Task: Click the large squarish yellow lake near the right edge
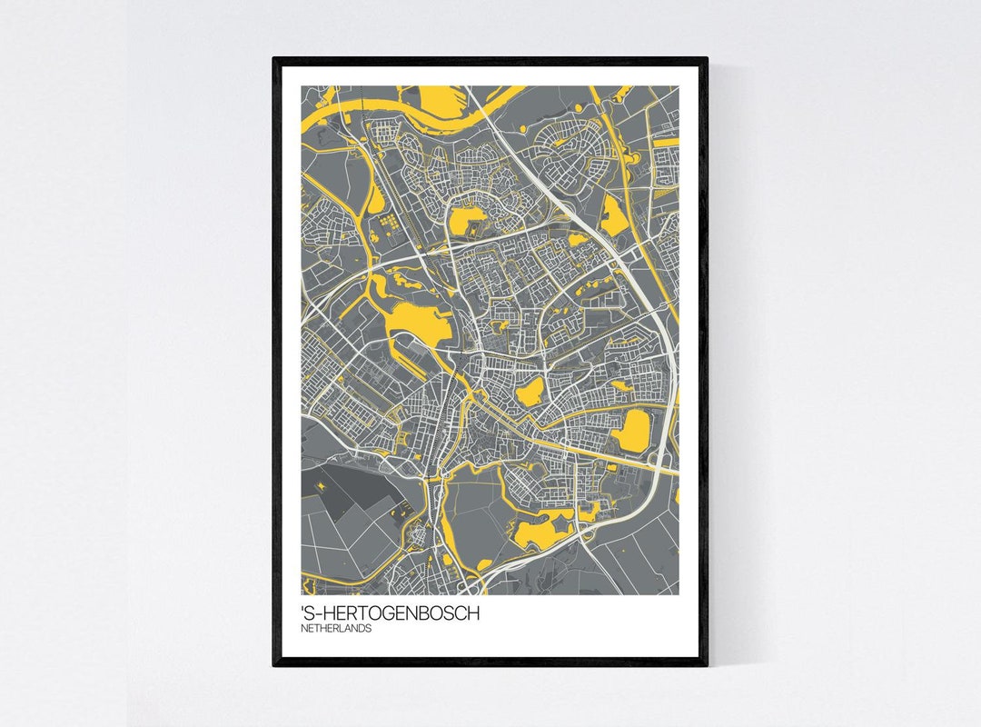point(632,429)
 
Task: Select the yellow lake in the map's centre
point(528,392)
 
